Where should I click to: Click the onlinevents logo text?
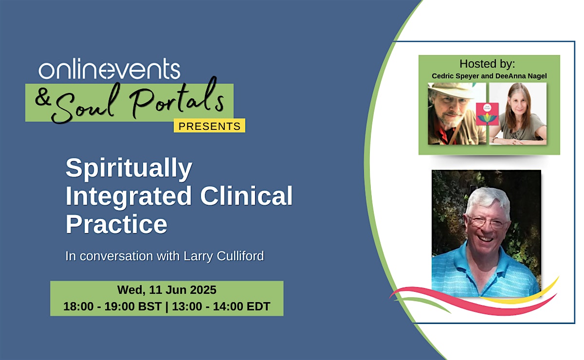[109, 69]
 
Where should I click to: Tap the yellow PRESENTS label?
[209, 126]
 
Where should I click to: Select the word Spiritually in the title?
[129, 168]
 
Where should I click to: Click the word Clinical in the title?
[246, 196]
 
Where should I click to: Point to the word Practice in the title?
[116, 224]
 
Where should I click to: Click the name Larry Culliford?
[224, 256]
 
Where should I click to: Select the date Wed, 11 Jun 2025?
[167, 290]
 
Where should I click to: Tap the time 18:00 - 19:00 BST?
[112, 306]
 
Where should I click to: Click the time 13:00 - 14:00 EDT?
[221, 306]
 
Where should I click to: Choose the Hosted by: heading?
[487, 64]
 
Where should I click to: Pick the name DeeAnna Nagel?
[521, 76]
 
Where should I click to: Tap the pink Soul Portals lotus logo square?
[487, 114]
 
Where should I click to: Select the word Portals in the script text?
[177, 100]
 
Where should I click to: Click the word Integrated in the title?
[129, 196]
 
